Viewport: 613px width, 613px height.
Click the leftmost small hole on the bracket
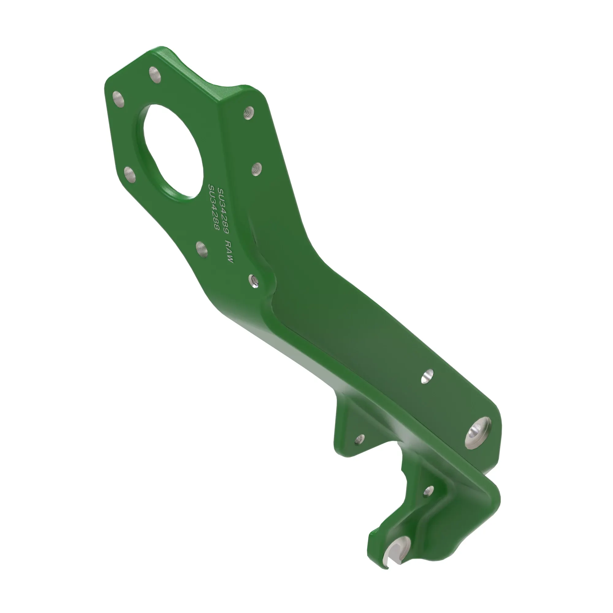tap(119, 99)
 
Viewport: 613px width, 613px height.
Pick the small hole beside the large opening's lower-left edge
tap(129, 174)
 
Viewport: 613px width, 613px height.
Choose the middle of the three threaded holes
tap(256, 169)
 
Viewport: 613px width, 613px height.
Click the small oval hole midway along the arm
tap(427, 376)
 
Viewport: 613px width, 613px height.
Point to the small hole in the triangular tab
tap(360, 439)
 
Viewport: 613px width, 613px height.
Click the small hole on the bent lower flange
tap(429, 490)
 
